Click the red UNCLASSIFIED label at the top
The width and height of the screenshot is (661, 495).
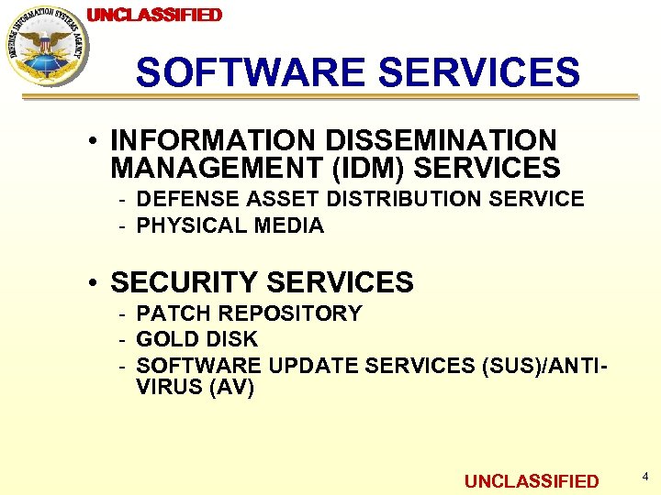point(154,15)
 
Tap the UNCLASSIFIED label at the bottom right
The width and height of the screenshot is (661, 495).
point(532,481)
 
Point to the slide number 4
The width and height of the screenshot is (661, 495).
point(645,477)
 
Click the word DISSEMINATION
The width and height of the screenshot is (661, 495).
point(440,141)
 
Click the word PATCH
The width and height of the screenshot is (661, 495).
point(168,313)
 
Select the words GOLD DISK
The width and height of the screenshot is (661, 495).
point(197,339)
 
